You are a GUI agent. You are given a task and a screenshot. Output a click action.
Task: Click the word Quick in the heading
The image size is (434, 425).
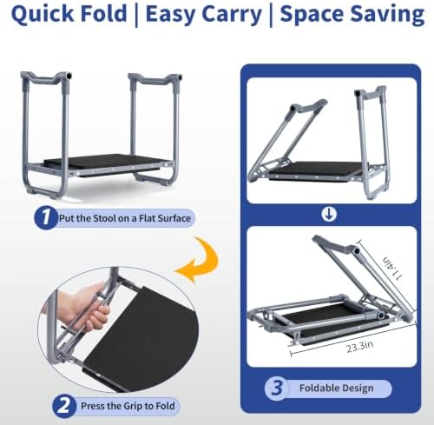(x=43, y=14)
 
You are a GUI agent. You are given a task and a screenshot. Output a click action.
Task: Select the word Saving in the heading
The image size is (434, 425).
(x=387, y=15)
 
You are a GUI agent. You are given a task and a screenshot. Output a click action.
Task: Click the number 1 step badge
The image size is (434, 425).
(x=45, y=217)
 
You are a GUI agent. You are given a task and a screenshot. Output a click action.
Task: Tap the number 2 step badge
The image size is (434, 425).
(x=64, y=406)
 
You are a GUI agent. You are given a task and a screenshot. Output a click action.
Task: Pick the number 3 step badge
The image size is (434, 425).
(x=276, y=388)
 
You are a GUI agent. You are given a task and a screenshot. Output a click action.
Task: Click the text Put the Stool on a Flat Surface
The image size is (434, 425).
(x=125, y=218)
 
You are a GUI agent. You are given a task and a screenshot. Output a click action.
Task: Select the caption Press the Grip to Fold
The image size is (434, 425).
(x=128, y=406)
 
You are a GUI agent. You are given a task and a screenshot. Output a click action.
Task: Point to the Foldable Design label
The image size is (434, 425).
(x=336, y=388)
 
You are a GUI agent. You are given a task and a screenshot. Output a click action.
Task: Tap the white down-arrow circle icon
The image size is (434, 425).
(x=329, y=215)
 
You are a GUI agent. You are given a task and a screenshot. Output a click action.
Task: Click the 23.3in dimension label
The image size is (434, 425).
(x=359, y=347)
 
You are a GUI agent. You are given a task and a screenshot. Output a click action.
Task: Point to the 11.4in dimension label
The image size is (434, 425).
(x=392, y=268)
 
